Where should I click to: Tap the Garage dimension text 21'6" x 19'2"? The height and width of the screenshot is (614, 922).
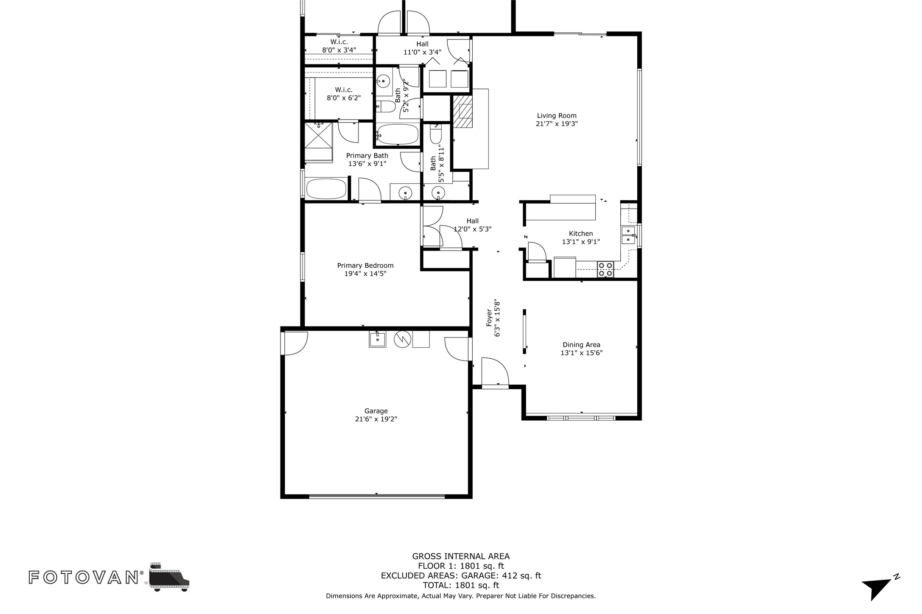(x=376, y=419)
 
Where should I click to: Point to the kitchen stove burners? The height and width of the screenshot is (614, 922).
(x=605, y=269)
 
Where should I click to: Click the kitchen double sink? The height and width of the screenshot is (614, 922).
(x=628, y=235)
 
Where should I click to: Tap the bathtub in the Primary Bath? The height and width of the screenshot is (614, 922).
(x=326, y=189)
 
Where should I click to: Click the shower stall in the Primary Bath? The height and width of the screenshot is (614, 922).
(x=318, y=135)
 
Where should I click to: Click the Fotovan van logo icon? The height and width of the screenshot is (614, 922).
(x=169, y=577)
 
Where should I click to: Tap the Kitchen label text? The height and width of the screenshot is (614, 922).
(x=581, y=234)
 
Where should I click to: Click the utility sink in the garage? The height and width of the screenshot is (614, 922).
(x=377, y=339)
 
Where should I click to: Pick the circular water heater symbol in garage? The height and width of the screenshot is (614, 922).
(x=402, y=339)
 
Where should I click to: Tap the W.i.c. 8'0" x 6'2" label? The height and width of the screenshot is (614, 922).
(x=344, y=94)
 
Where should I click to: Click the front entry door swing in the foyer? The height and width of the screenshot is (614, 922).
(x=494, y=371)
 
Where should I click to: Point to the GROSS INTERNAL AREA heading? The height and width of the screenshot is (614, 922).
(x=461, y=556)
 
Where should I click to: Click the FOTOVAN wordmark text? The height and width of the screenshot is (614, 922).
(x=84, y=577)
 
